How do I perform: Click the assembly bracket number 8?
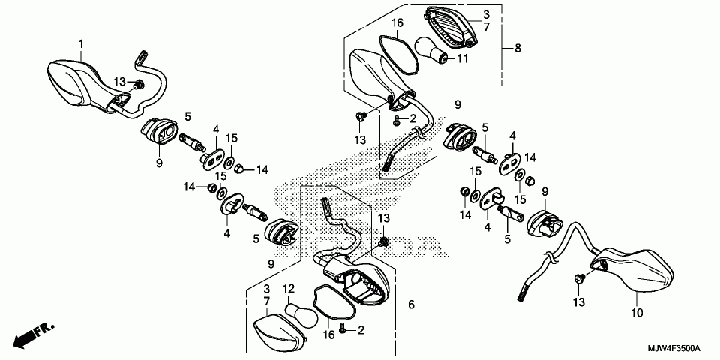coord(517,48)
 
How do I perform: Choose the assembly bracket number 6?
coord(411,304)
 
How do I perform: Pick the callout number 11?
coord(462,58)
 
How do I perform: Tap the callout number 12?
coord(289,288)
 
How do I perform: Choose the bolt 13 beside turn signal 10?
coord(579,278)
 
